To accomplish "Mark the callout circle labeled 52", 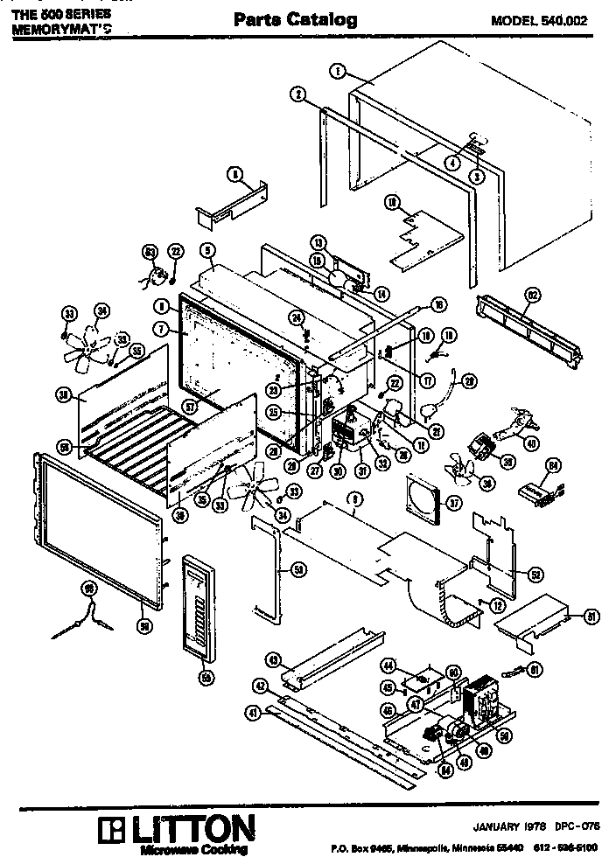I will (536, 574).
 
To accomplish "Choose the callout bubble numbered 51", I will (592, 617).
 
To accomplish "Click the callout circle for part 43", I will (273, 658).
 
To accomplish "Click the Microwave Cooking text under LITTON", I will (193, 849).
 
